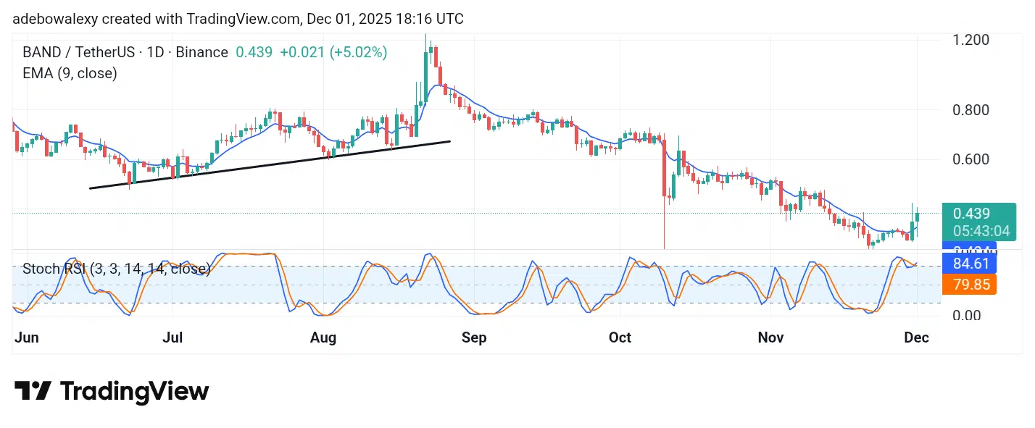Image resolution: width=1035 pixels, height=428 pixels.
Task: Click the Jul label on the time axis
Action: pos(172,337)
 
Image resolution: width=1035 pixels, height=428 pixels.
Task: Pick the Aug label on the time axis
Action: pos(323,337)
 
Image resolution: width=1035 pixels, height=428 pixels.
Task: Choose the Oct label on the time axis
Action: pos(620,337)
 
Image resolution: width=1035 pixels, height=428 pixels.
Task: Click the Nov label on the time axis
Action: pos(770,337)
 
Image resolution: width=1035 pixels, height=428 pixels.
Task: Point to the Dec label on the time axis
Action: pos(917,337)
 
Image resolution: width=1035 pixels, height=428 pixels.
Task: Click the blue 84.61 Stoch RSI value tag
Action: pos(969,262)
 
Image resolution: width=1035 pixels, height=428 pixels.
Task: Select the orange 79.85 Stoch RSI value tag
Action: pos(969,284)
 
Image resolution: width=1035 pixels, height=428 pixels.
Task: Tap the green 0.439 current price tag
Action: pos(971,214)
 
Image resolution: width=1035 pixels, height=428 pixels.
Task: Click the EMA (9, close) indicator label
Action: pos(70,73)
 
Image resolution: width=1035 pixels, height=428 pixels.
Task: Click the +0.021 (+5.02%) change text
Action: pos(333,52)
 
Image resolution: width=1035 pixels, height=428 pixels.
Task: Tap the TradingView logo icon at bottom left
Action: pos(33,391)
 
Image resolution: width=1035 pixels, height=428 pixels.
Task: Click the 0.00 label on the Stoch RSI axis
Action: pos(968,316)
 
